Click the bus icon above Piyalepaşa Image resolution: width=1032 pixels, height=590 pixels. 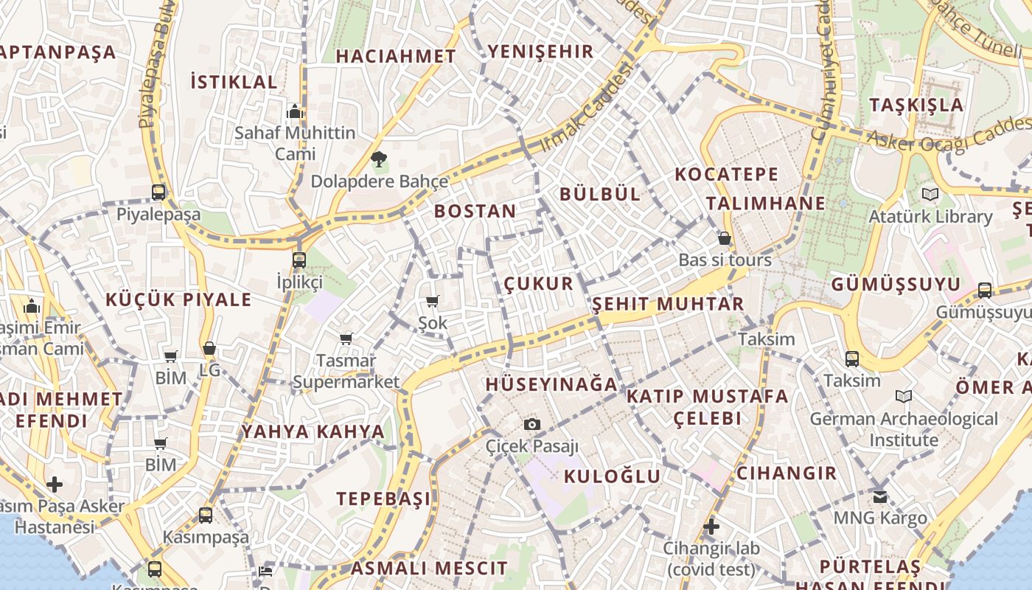158,192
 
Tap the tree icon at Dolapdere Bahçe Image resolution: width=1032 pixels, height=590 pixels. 379,158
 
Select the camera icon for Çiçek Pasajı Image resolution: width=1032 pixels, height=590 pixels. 531,424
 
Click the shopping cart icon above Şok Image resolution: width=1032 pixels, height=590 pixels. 433,301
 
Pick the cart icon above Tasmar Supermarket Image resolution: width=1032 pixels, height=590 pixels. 346,339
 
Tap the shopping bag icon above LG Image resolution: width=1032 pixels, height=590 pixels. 209,348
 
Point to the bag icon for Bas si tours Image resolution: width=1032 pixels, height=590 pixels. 725,238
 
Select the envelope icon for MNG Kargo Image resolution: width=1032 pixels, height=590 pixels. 879,496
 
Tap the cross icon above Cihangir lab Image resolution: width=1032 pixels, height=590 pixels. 711,527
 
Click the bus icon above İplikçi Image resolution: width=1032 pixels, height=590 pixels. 299,260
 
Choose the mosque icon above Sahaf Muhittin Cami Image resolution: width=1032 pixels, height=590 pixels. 295,112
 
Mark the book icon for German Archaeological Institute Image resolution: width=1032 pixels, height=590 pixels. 903,397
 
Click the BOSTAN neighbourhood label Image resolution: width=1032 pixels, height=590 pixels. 475,211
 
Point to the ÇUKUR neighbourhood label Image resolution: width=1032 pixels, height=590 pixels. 538,284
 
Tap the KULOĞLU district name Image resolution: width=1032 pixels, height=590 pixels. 612,476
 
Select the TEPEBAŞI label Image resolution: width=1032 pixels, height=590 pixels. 383,499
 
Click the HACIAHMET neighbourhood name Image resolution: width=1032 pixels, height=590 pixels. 396,56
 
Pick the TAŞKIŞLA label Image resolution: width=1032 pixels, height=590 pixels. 916,105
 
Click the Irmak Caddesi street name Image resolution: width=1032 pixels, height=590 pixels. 588,108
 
